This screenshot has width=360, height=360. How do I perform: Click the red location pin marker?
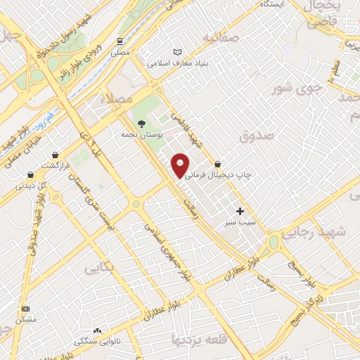[x=181, y=165]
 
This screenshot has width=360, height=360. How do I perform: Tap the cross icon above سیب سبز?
[x=240, y=210]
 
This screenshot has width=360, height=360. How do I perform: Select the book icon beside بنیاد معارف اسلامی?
[x=178, y=51]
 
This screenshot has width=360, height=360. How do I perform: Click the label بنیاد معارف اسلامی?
[x=174, y=63]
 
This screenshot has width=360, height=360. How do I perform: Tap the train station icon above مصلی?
[x=120, y=41]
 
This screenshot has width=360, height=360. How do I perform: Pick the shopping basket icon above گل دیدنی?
[x=30, y=175]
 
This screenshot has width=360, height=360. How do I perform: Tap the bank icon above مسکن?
[x=26, y=309]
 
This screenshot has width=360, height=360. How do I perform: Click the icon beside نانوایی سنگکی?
[x=97, y=330]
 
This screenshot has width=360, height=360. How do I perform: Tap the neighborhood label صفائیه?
[x=216, y=37]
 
